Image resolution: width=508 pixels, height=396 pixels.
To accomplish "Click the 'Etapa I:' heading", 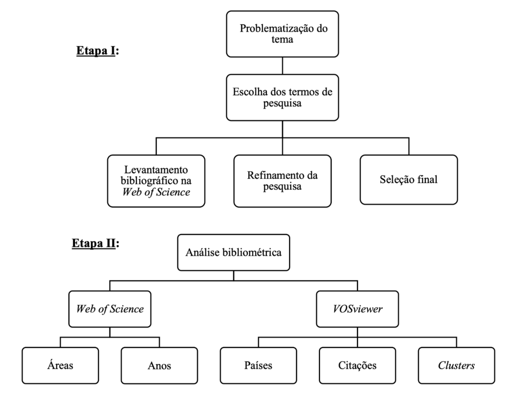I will (97, 51).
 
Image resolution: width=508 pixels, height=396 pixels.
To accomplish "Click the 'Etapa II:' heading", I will (95, 243).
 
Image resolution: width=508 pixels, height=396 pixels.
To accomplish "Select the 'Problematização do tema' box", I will (282, 34).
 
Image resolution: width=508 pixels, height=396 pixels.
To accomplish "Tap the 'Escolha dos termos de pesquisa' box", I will (282, 97).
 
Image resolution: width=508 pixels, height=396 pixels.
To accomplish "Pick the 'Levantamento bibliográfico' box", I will (156, 181).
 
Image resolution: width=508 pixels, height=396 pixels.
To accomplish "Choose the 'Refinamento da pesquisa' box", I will (282, 181).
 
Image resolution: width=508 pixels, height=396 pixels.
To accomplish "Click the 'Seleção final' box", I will (408, 179).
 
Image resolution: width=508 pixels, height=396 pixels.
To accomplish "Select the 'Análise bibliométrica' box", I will (233, 252).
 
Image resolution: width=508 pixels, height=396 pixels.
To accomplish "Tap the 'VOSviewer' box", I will (357, 309).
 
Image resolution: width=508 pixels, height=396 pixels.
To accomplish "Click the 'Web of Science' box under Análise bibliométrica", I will (110, 309).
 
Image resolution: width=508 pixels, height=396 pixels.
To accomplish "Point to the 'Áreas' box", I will (60, 365).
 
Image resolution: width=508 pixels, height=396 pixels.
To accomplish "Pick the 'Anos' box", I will (159, 365).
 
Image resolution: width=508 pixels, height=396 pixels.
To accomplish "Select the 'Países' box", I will (258, 365).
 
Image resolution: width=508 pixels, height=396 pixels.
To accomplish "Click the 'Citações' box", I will (357, 365).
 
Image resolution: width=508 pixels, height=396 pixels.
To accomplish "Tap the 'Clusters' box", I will (456, 365).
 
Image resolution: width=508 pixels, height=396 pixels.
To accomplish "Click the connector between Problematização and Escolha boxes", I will (282, 66).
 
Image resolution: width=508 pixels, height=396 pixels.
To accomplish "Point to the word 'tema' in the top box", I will (282, 40).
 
